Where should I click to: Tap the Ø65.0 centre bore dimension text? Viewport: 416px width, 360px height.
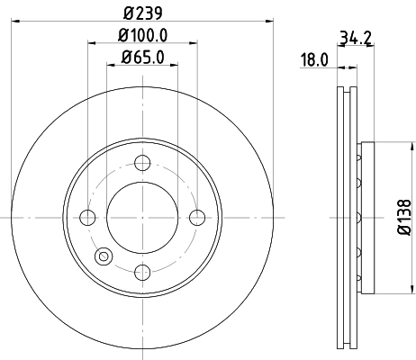coord(142,60)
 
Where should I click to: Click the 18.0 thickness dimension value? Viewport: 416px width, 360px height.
coord(313,60)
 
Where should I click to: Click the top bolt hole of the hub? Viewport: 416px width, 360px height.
coord(142,163)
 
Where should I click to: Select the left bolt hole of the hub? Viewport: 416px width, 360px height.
coord(88,217)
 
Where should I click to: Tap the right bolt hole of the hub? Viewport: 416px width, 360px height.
coord(196,217)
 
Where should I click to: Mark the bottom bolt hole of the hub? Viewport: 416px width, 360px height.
coord(142,271)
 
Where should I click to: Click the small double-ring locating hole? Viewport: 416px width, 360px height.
coord(104,256)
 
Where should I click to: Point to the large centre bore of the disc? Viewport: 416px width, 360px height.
coord(142,217)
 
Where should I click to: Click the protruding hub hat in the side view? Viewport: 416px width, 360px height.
coord(365,217)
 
